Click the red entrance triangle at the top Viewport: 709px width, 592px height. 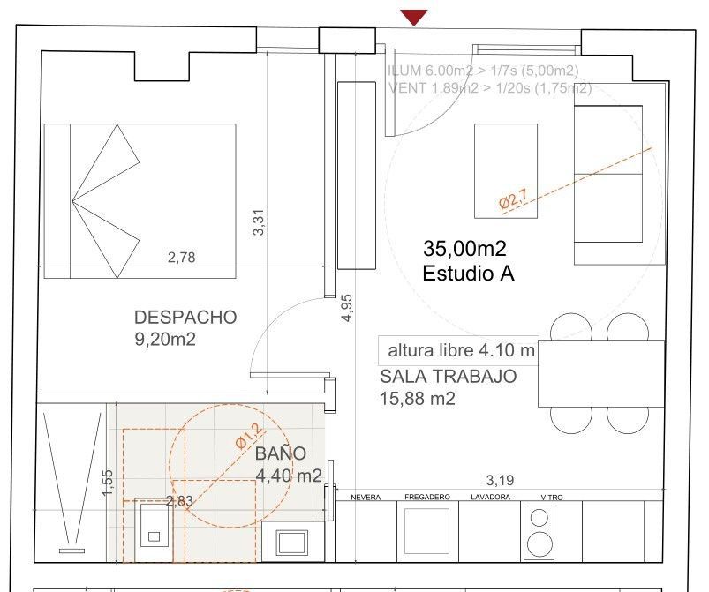tap(413, 17)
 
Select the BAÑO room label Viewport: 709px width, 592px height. tap(281, 454)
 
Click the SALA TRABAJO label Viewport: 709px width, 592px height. tap(448, 377)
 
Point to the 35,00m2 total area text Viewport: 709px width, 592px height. tap(464, 250)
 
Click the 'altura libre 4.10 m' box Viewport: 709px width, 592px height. tap(457, 350)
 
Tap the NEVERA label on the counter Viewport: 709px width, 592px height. tap(366, 498)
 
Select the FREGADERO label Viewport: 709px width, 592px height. tap(427, 498)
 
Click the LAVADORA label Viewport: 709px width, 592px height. tap(490, 498)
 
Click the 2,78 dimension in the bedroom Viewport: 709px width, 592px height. tap(181, 258)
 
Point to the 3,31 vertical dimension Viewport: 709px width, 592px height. tap(259, 221)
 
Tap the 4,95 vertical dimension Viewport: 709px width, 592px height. tap(347, 309)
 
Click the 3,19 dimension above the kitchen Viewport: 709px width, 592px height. tap(501, 481)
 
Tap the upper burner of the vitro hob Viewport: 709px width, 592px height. tap(537, 521)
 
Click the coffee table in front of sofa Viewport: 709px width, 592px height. tap(506, 169)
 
